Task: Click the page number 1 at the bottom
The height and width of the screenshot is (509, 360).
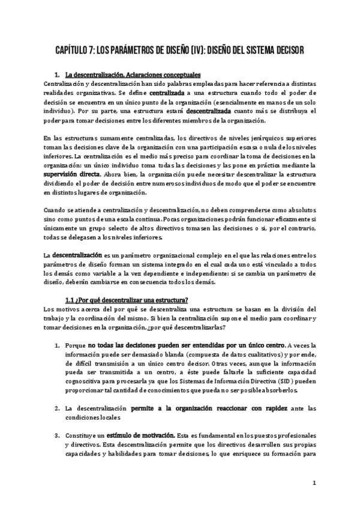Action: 314,483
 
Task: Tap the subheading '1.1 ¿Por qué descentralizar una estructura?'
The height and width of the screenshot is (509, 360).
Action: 127,300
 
